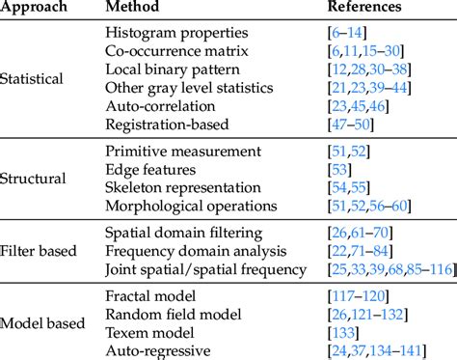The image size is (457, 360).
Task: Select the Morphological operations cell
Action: coord(192,205)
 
